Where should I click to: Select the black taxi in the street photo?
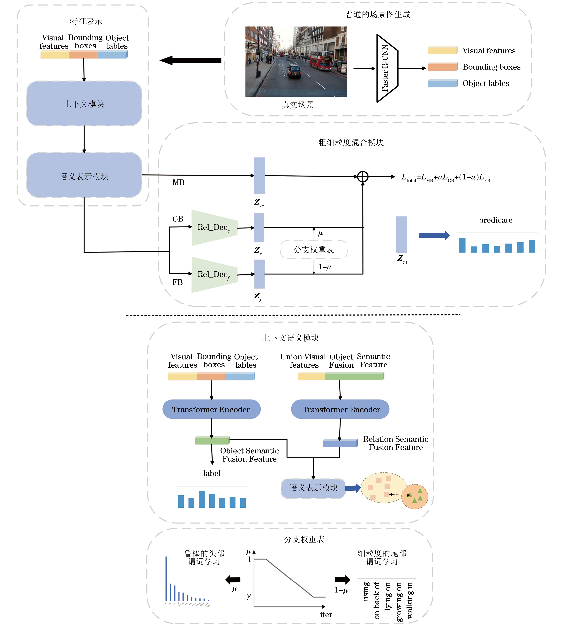pyautogui.click(x=294, y=71)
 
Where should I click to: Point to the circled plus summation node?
pyautogui.click(x=363, y=177)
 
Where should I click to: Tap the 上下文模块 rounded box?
pyautogui.click(x=84, y=104)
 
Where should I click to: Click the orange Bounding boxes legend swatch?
pyautogui.click(x=442, y=67)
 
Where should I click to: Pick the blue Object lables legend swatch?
pyautogui.click(x=442, y=83)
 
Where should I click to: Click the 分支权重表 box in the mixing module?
pyautogui.click(x=314, y=250)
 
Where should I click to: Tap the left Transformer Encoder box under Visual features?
pyautogui.click(x=211, y=409)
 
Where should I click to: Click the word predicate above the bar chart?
pyautogui.click(x=495, y=220)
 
